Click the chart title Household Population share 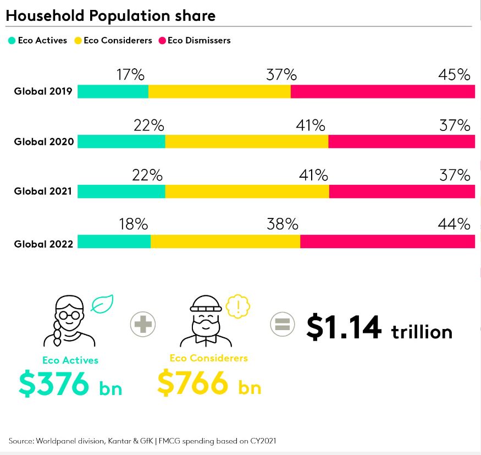coord(110,16)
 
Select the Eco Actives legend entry coord(38,40)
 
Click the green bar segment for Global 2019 coord(113,91)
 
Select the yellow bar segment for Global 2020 coord(246,141)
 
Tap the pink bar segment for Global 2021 coord(402,191)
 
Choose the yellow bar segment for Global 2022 coord(225,242)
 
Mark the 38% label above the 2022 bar coord(282,224)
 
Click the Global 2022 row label coord(43,244)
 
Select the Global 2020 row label coord(43,142)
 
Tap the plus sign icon coord(143,324)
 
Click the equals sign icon coord(283,324)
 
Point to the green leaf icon coord(102,304)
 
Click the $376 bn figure coord(70,384)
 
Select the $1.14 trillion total coord(379,328)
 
